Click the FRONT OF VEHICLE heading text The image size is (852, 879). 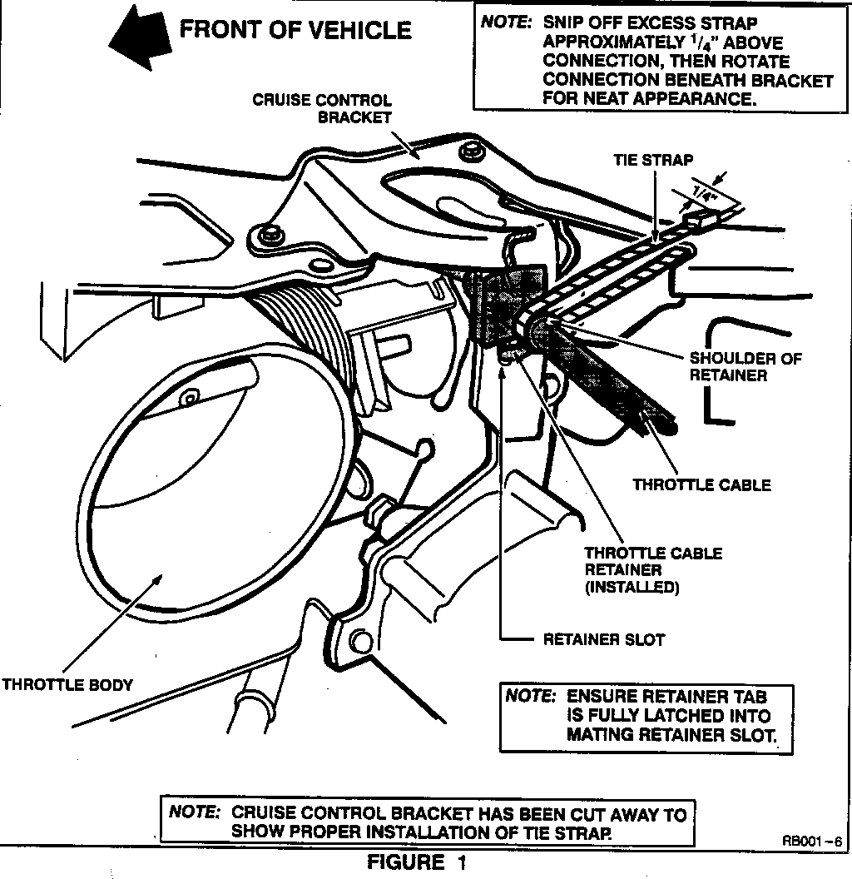295,31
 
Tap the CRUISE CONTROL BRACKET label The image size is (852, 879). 322,109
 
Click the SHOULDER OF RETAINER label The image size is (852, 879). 745,367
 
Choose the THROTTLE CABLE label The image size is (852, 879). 702,484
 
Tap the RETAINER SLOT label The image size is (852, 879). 604,640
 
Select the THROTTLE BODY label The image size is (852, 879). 67,686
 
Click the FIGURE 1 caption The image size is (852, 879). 417,863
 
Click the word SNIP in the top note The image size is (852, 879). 562,24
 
